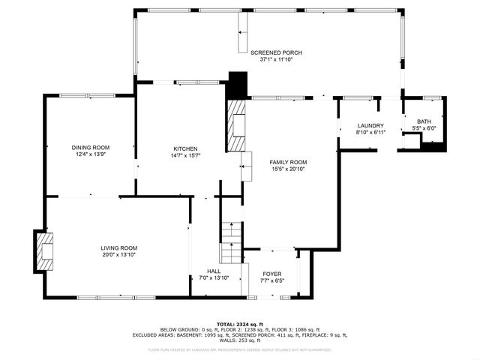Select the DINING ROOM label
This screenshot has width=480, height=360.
coord(91,147)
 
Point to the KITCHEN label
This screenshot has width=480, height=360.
coord(185,148)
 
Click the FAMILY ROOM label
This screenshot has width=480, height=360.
coord(289,161)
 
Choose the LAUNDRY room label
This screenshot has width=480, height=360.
coord(370,125)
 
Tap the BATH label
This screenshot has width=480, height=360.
coord(424,121)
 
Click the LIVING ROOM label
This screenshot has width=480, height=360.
coord(119,247)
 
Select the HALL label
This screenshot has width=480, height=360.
coord(214,271)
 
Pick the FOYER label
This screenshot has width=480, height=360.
coord(271,274)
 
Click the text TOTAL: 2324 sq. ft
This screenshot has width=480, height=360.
coord(240,322)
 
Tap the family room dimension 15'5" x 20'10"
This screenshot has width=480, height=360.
coord(289,169)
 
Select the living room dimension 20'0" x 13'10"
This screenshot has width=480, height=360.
coord(119,255)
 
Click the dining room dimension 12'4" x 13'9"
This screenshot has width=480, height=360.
coord(91,154)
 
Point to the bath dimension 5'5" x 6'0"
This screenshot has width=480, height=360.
coord(424,129)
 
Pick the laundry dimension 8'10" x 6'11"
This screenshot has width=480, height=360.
coord(370,133)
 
